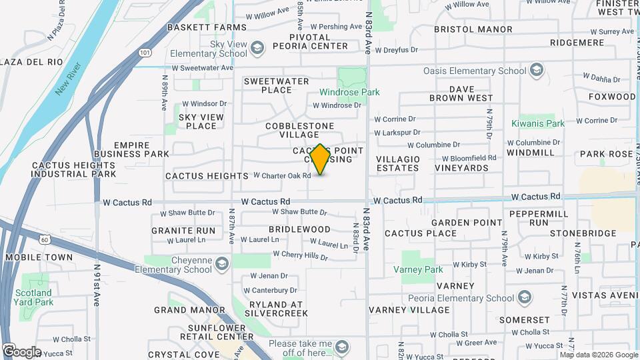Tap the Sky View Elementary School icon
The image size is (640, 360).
[x=257, y=49]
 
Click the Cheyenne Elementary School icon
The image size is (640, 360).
[x=221, y=265]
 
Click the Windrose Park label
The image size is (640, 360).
[x=349, y=92]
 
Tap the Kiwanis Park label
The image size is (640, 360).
[x=538, y=123]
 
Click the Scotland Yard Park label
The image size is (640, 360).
[x=33, y=297]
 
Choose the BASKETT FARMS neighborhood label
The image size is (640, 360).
[x=207, y=27]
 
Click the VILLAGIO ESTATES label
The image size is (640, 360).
[x=398, y=163]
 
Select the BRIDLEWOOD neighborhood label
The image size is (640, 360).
[x=299, y=229]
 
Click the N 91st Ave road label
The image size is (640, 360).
[x=97, y=285]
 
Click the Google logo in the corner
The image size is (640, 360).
[x=21, y=351]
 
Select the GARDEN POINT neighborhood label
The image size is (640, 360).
[x=467, y=223]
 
